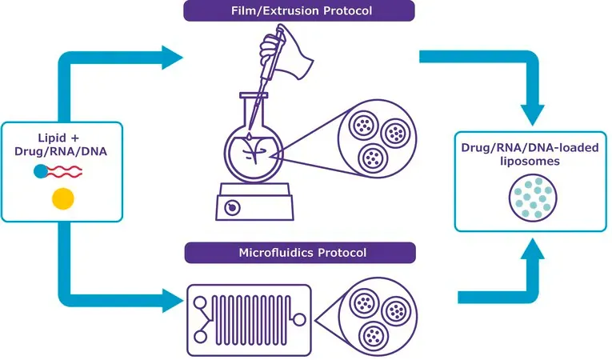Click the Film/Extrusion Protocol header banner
[x=299, y=10]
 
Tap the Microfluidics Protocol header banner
[x=300, y=253]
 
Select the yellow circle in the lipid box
[x=63, y=198]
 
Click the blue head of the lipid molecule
[x=41, y=171]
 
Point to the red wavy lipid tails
[x=65, y=171]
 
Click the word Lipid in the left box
[x=52, y=138]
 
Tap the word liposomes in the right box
[x=530, y=161]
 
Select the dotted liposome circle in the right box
[x=533, y=198]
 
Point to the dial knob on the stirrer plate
[x=232, y=207]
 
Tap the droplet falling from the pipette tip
[x=249, y=136]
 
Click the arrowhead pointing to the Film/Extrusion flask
[x=172, y=58]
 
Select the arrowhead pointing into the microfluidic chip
[x=173, y=300]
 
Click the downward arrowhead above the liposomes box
[x=532, y=115]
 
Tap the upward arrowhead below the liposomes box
[x=532, y=249]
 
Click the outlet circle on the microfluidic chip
[x=299, y=319]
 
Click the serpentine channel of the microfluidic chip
[x=252, y=320]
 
